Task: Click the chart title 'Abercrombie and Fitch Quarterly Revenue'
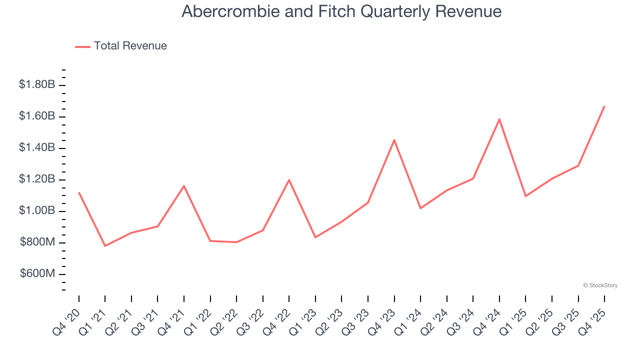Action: [x=341, y=11]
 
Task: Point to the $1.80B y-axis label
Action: [x=37, y=84]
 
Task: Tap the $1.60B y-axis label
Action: [x=37, y=116]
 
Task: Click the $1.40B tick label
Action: [x=37, y=147]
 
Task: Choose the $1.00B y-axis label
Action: [x=37, y=210]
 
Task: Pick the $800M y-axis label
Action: [x=37, y=242]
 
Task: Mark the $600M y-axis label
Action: [x=37, y=273]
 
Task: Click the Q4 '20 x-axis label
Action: [x=67, y=322]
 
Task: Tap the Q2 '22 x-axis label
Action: [x=224, y=322]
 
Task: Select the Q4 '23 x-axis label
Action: [x=382, y=322]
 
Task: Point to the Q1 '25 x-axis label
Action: [x=514, y=322]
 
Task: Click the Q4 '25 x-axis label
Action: [x=592, y=322]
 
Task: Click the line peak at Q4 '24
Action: [x=499, y=119]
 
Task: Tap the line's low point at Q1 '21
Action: [x=105, y=246]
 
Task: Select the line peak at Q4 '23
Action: [x=394, y=140]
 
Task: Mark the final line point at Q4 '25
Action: [x=604, y=106]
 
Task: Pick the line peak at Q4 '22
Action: [x=289, y=180]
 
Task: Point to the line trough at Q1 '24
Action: [x=420, y=208]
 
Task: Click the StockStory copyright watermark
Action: [x=600, y=285]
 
